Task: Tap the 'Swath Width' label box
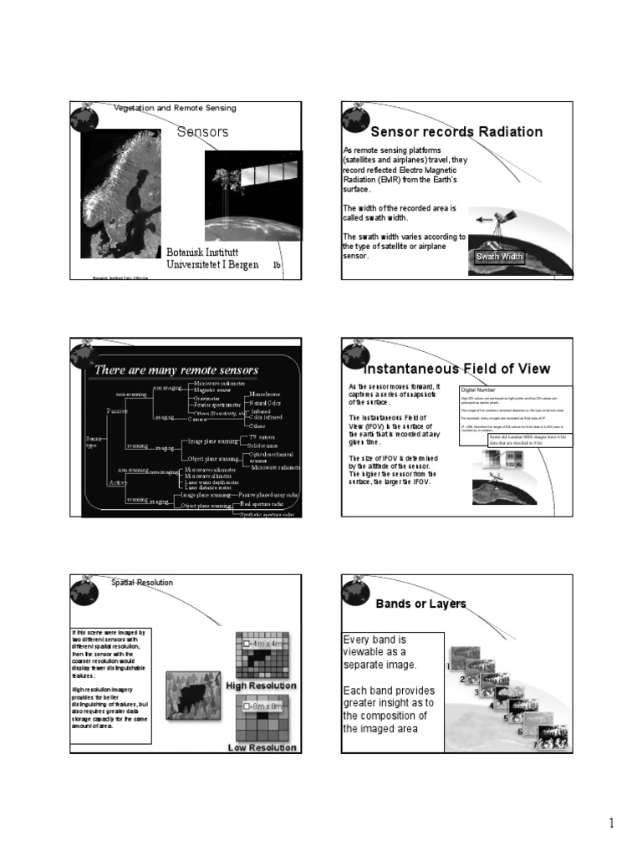click(498, 257)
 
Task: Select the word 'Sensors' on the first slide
click(202, 132)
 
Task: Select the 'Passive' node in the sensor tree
click(117, 410)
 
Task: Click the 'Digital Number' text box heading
click(479, 390)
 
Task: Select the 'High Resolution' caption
click(261, 685)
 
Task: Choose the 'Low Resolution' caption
click(262, 747)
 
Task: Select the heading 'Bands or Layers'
click(420, 604)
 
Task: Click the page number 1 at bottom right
click(611, 823)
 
